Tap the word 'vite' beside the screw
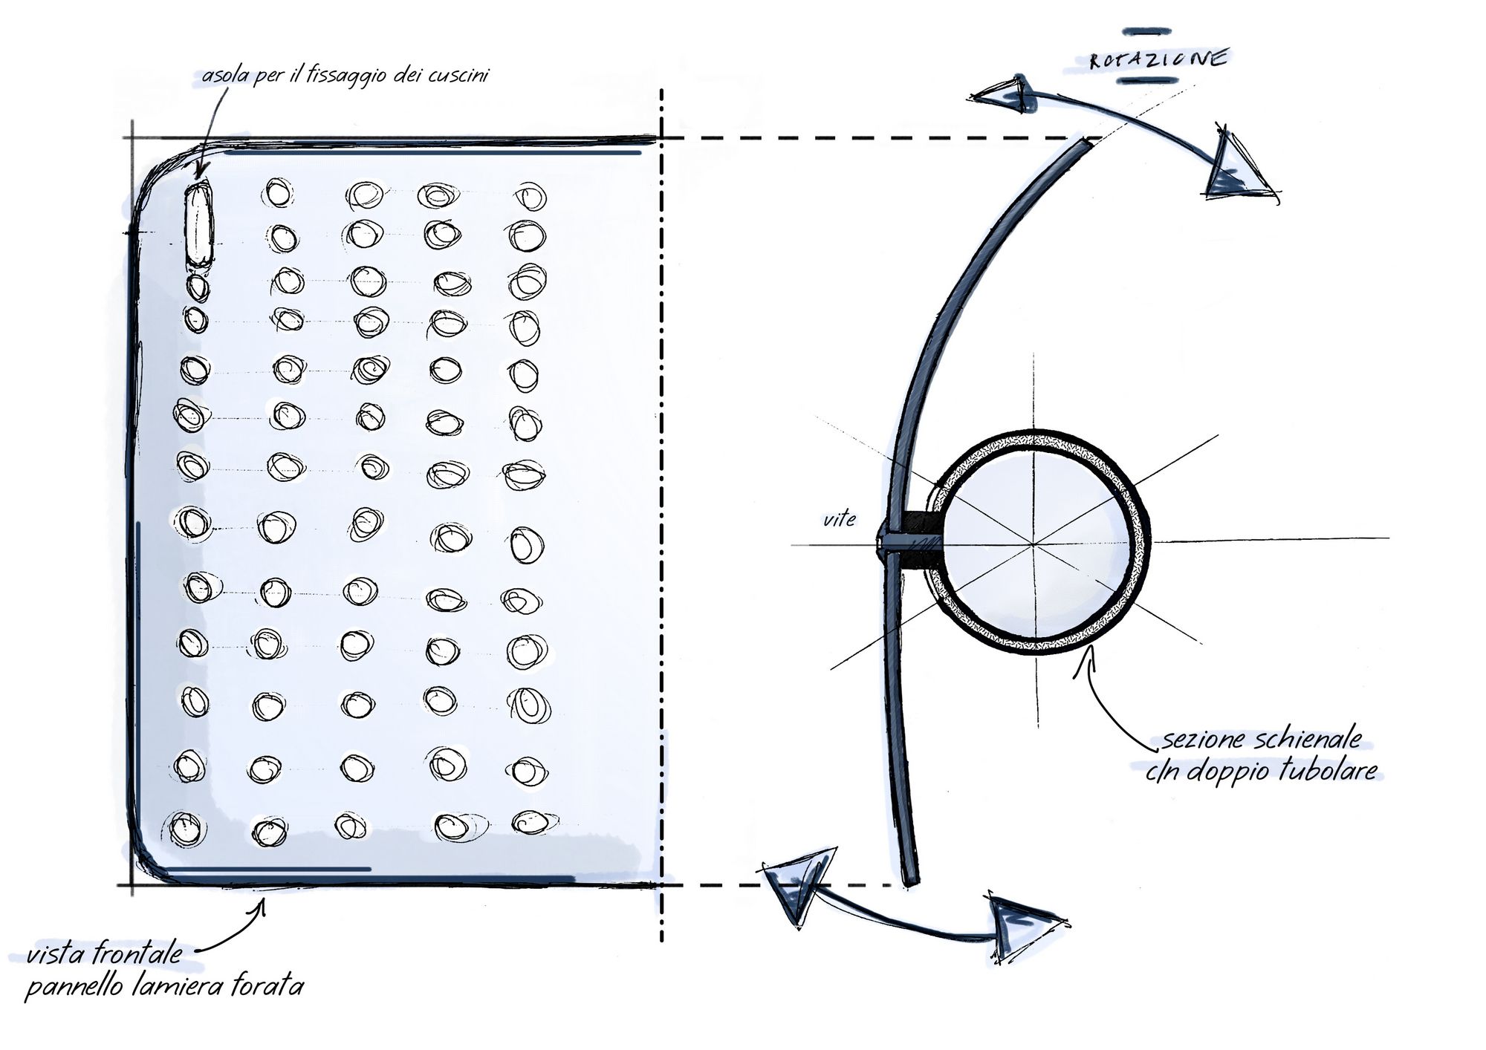(x=839, y=519)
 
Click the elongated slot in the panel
(x=198, y=224)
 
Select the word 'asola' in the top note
(x=225, y=75)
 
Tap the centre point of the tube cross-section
(x=1034, y=544)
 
